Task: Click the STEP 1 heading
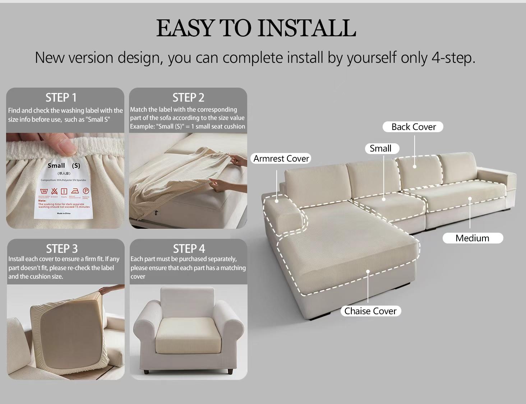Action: point(61,98)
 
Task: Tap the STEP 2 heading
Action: point(188,98)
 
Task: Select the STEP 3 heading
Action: point(62,249)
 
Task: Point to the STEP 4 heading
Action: point(189,249)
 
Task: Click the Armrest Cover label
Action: point(281,159)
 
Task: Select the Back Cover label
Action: point(413,127)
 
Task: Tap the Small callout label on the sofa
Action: point(380,149)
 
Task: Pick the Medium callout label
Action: point(472,238)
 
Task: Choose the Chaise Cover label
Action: point(370,311)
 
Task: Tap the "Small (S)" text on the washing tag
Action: point(64,166)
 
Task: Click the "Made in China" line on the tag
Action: point(64,213)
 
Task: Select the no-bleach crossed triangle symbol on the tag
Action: point(54,191)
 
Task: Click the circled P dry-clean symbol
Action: point(86,191)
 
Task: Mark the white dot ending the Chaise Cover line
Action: point(368,271)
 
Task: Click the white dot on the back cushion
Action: point(415,166)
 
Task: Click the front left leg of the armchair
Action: point(146,372)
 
